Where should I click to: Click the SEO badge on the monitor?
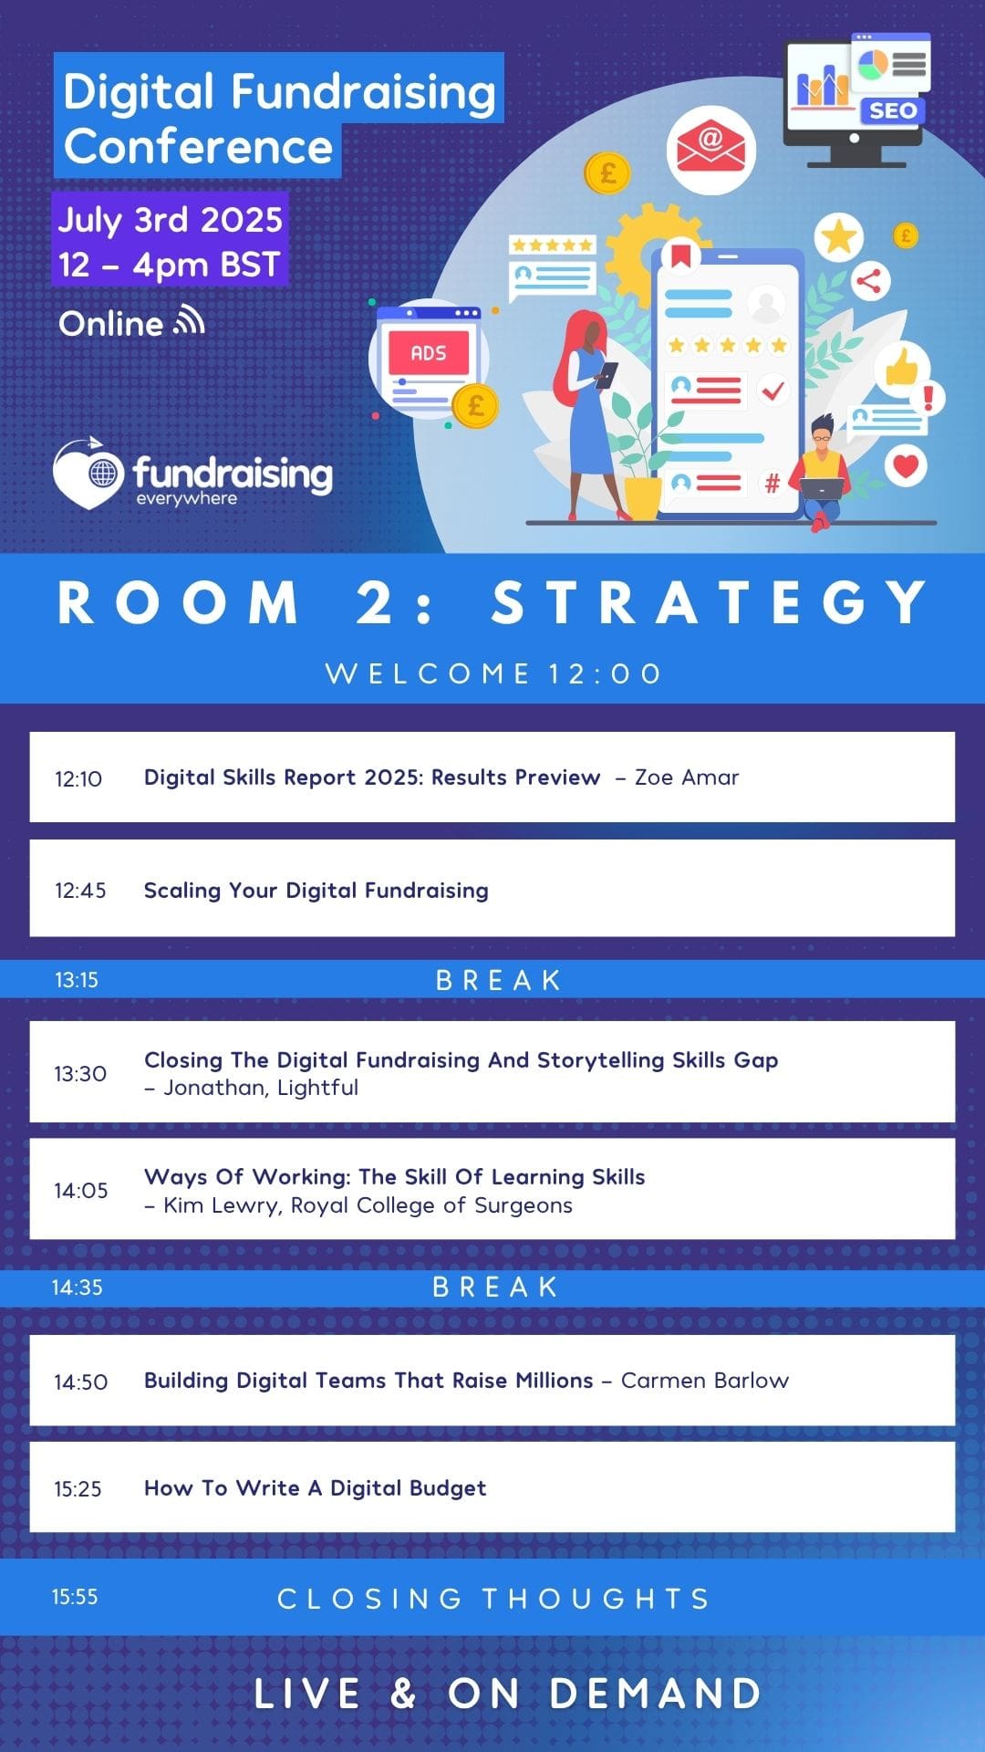point(892,111)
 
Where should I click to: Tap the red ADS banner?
point(429,353)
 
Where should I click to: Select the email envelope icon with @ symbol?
point(710,150)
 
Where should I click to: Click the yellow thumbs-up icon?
point(902,368)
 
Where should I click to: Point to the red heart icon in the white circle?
point(905,465)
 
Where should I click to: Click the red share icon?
point(869,281)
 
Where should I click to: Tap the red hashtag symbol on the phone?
point(772,483)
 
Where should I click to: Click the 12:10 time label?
point(78,778)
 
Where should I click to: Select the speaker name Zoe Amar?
point(687,777)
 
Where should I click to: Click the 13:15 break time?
point(77,980)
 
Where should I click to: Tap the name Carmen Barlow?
point(705,1381)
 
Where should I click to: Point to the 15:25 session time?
point(78,1489)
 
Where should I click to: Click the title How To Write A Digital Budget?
point(315,1488)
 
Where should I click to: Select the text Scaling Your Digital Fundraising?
point(316,891)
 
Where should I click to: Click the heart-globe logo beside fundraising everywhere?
point(89,473)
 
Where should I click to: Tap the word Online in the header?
point(110,324)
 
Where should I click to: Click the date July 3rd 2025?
point(171,220)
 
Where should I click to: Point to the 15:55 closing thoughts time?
point(75,1597)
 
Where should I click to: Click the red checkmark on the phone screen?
point(773,391)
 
